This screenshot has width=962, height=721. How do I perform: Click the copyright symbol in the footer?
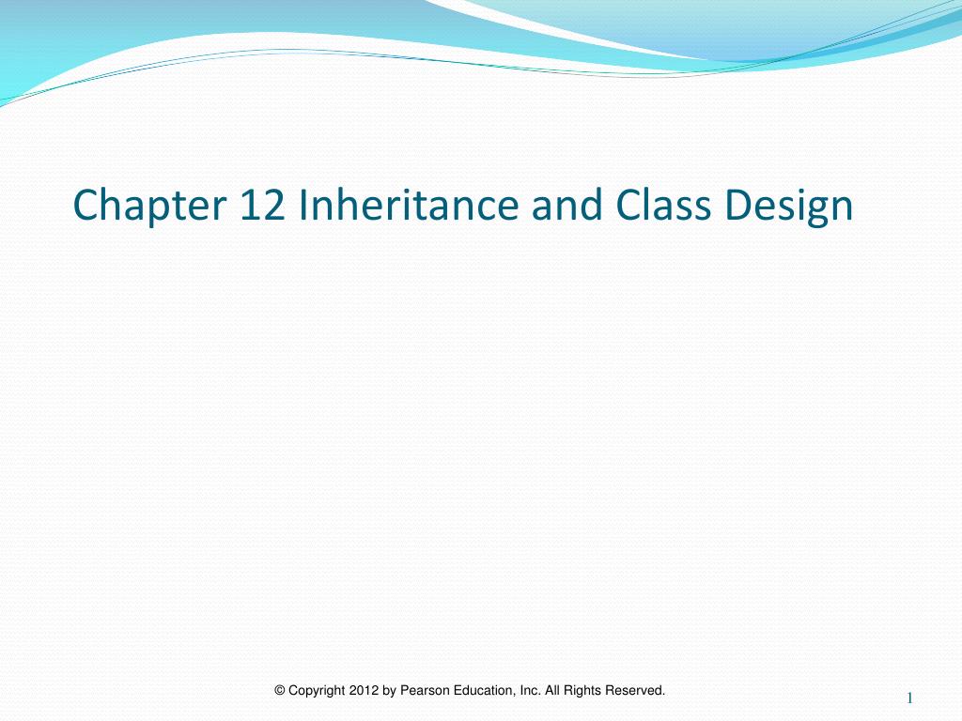point(279,691)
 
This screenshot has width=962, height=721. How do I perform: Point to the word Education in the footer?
point(482,691)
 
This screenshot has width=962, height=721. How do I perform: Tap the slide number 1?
point(910,697)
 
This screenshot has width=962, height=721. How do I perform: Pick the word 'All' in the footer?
point(552,691)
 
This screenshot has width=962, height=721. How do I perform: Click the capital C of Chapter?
point(85,206)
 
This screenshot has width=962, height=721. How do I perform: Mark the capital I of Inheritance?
point(303,206)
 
